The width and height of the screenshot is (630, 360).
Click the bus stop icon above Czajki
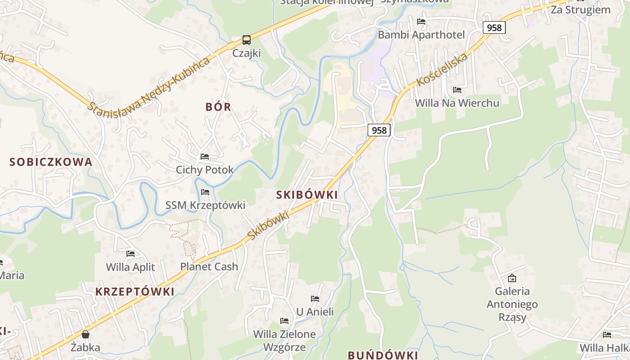(x=247, y=40)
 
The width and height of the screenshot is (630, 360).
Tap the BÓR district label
(x=218, y=107)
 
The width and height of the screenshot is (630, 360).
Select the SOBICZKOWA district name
(x=51, y=162)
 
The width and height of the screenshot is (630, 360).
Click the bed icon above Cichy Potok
(x=205, y=157)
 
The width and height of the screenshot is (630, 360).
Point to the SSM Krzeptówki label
(x=205, y=205)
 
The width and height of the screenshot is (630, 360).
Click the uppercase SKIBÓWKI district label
(x=306, y=195)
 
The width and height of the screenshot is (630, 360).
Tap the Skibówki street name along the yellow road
(x=268, y=225)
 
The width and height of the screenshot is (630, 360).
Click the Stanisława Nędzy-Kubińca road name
(x=149, y=85)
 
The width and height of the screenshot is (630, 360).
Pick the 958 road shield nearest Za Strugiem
(x=494, y=27)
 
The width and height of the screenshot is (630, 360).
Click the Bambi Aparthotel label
(x=421, y=35)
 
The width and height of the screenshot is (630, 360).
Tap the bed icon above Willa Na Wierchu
(x=457, y=90)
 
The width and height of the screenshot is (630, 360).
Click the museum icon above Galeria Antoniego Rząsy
(x=512, y=278)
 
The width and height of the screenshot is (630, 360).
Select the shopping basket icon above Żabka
(x=85, y=334)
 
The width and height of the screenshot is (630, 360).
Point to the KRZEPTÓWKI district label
(x=135, y=292)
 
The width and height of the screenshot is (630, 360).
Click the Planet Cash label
(x=209, y=266)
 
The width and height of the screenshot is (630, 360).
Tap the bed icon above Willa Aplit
(x=130, y=254)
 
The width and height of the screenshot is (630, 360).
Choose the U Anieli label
(x=315, y=311)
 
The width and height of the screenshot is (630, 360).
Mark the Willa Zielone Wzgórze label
(x=284, y=341)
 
